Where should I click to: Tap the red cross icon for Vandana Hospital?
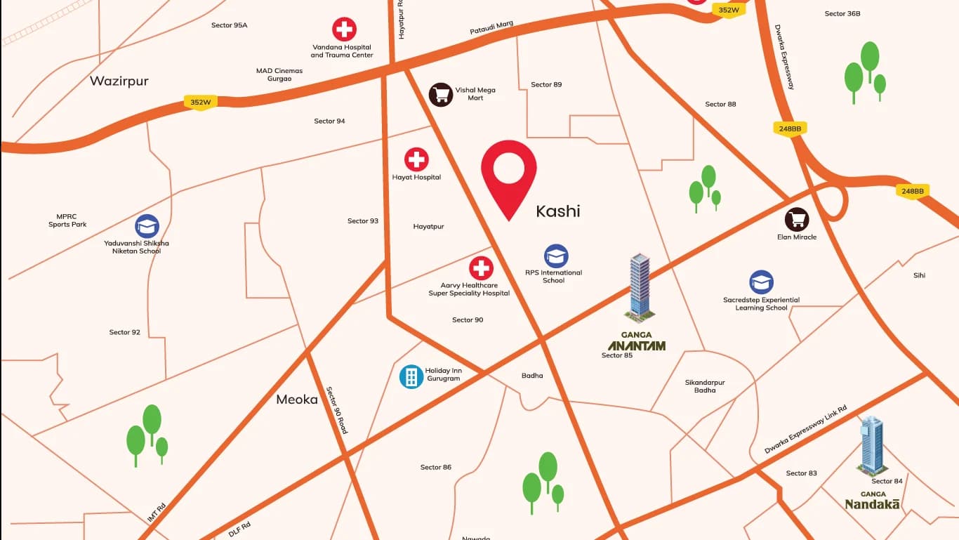344,29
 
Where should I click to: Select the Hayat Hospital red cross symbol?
416,159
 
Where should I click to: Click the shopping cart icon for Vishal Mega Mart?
441,94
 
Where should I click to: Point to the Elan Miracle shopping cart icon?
796,220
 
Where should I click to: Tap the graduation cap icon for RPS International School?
556,256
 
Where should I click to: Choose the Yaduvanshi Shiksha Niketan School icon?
147,226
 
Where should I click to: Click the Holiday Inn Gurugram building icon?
411,376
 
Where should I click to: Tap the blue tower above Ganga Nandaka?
871,444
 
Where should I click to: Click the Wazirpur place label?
119,81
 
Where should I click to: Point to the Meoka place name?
297,400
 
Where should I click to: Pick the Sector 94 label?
329,121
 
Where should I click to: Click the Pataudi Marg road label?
491,28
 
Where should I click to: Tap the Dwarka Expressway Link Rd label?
805,429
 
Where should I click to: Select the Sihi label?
919,275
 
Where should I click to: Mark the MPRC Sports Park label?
67,220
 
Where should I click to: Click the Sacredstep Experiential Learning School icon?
761,282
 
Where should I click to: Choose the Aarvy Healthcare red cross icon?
481,268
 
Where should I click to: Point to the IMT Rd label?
157,512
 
